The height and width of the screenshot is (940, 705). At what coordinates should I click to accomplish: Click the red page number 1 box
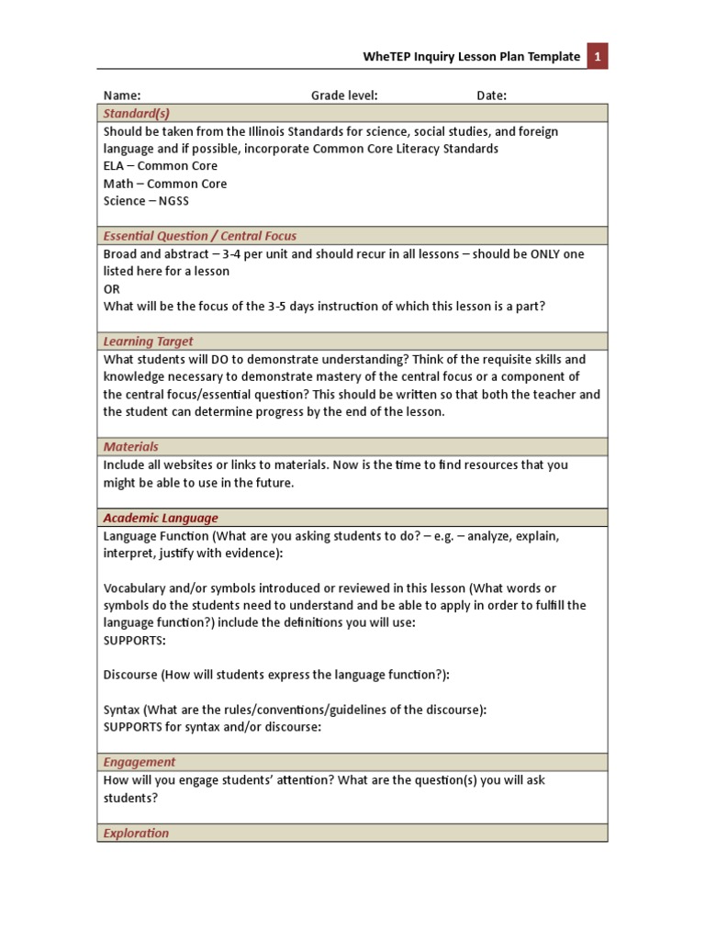tap(597, 57)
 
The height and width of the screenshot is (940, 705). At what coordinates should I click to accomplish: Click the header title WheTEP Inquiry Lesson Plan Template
tap(472, 57)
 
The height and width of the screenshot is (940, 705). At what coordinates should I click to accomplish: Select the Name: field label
tap(121, 95)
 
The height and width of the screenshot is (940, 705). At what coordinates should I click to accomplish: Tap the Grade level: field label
tap(344, 95)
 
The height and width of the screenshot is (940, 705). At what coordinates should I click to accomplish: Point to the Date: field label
tap(491, 95)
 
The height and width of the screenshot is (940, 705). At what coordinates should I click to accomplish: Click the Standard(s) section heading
tap(136, 113)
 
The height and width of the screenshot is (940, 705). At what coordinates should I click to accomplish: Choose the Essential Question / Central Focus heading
tap(199, 236)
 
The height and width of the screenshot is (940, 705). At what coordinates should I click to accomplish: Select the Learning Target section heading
tap(148, 341)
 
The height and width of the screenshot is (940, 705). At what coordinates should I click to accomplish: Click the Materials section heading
tap(130, 447)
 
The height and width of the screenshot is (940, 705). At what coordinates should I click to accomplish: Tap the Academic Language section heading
tap(161, 518)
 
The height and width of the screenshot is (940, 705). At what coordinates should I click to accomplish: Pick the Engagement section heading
tap(140, 762)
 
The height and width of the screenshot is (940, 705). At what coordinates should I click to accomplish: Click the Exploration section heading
tap(136, 834)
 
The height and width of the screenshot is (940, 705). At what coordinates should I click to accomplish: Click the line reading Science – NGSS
tap(145, 201)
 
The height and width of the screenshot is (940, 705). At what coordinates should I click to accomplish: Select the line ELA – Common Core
tap(161, 166)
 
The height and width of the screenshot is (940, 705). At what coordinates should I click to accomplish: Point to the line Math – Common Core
tap(165, 184)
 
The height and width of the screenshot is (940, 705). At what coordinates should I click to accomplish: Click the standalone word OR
tap(112, 289)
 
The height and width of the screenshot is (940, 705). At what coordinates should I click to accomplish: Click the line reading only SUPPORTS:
tap(135, 640)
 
